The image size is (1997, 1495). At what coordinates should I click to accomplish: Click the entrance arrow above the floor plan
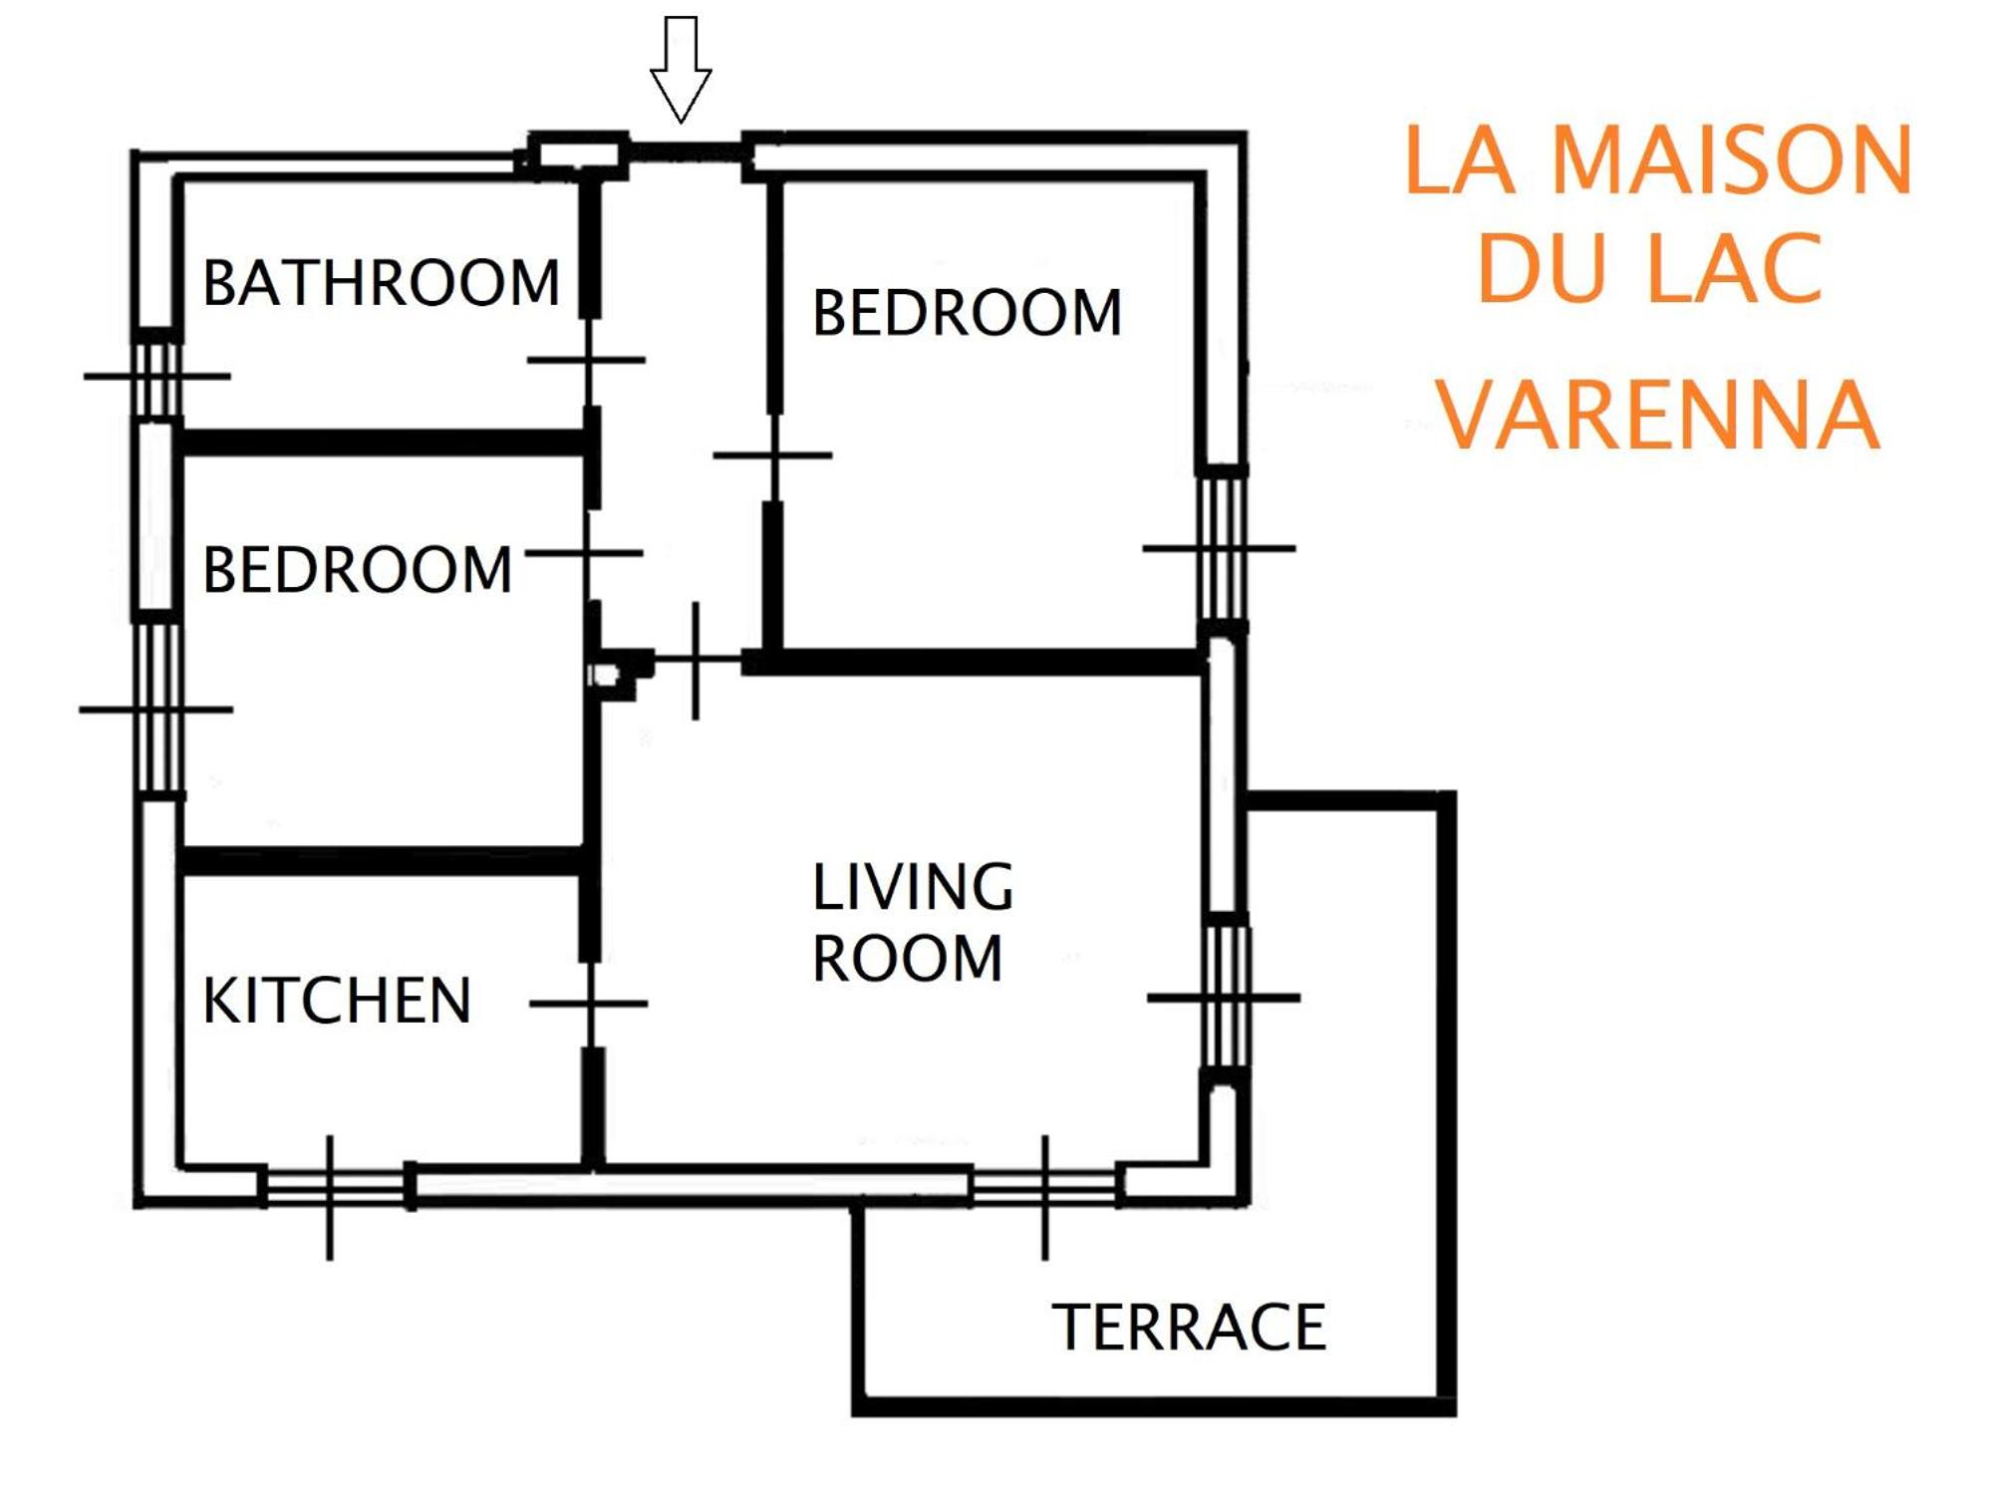(x=681, y=70)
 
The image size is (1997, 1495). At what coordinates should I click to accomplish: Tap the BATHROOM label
(x=382, y=283)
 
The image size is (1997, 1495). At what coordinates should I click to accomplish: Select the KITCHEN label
(x=337, y=1001)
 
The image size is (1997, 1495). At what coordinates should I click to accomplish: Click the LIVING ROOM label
(x=912, y=922)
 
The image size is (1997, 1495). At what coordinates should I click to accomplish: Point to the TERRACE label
(x=1189, y=1328)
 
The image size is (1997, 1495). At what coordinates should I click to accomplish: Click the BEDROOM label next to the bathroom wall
(x=357, y=570)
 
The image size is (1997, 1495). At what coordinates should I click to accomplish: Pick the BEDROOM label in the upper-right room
(x=967, y=313)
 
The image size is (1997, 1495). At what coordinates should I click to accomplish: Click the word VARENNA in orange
(x=1657, y=415)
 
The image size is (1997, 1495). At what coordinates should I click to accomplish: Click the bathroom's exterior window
(x=157, y=377)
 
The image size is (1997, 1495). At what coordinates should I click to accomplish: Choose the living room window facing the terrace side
(x=1225, y=998)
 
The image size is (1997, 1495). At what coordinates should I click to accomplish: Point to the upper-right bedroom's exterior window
(x=1221, y=548)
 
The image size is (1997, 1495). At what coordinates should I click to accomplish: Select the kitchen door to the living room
(x=591, y=1004)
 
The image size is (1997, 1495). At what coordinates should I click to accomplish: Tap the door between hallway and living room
(x=696, y=660)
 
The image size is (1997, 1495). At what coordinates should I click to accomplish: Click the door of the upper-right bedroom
(x=773, y=455)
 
